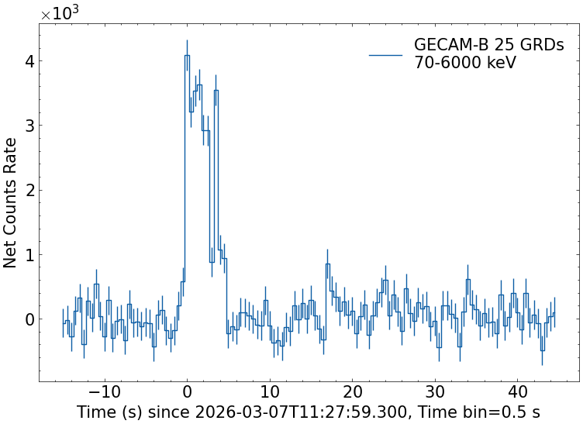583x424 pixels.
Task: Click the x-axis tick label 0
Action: [187, 390]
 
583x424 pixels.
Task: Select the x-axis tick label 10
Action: [270, 390]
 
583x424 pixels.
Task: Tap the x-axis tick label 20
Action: [353, 390]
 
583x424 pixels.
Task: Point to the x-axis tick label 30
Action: [436, 390]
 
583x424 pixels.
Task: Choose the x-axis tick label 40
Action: [519, 390]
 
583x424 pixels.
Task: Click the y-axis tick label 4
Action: [28, 61]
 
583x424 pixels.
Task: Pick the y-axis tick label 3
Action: [28, 126]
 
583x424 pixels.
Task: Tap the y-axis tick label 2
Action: [28, 190]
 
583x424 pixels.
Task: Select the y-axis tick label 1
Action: [28, 255]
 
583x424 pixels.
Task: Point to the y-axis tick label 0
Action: [28, 319]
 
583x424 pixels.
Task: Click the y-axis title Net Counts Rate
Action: [11, 202]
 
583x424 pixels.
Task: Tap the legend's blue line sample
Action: [385, 55]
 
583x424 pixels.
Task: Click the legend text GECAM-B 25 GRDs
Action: [488, 45]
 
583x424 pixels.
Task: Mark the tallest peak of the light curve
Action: [187, 55]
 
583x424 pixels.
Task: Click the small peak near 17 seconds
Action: [327, 264]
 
